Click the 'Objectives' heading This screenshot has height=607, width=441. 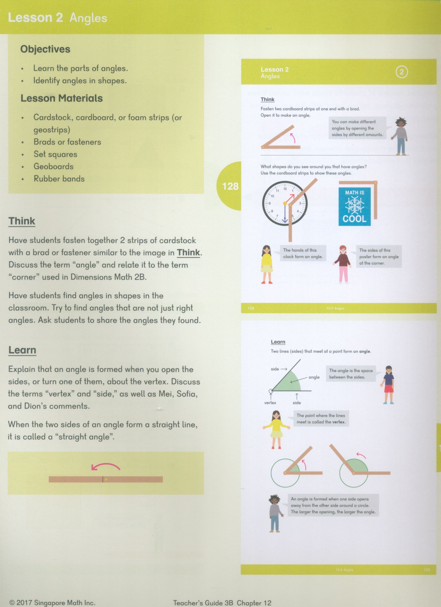[x=45, y=49]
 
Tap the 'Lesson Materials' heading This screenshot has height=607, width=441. [x=62, y=98]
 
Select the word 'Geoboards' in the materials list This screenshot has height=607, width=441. [x=54, y=166]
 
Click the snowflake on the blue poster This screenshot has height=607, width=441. [x=354, y=205]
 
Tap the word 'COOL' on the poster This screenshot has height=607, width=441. [x=354, y=219]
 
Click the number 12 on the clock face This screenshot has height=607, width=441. [x=285, y=189]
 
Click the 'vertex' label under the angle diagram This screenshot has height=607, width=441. [x=270, y=403]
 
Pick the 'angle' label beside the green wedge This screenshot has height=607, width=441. [x=314, y=377]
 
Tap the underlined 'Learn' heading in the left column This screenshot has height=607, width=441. [x=22, y=350]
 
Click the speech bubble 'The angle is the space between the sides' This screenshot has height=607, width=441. [x=351, y=374]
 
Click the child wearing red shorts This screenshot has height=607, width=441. [x=389, y=385]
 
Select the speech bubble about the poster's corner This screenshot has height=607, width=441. [x=379, y=257]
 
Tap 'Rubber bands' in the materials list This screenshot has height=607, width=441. [x=59, y=179]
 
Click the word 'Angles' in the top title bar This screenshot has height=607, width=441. [x=88, y=18]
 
